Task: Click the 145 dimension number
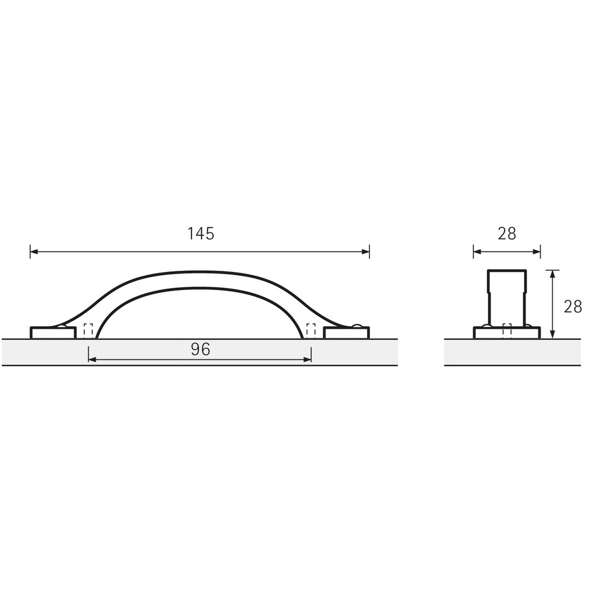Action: (201, 234)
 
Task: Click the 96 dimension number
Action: (201, 350)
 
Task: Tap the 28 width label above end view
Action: (506, 234)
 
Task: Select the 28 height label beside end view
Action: (573, 306)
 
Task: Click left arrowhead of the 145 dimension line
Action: (34, 252)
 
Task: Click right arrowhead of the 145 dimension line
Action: (365, 252)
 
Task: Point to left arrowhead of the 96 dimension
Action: (93, 360)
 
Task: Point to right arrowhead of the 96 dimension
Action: (307, 360)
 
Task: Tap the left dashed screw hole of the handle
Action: (88, 331)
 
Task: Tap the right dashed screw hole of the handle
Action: (311, 331)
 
